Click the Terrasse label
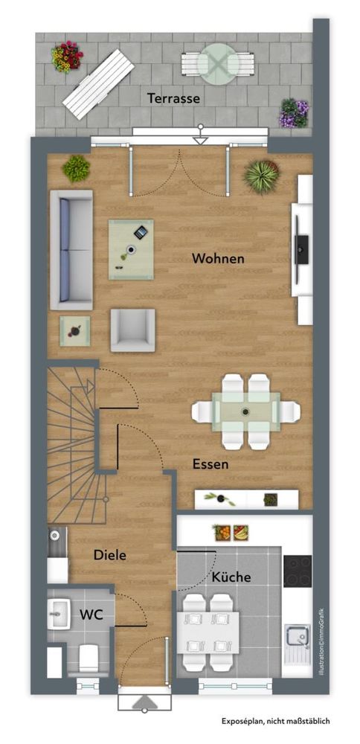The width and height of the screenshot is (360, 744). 173,99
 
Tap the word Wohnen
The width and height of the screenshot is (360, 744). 218,259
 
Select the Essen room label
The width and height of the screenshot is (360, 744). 210,464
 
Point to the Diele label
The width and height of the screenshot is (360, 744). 110,555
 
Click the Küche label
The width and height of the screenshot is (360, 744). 231,577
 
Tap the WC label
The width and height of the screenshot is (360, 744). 91,615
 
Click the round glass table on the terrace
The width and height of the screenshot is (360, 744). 218,63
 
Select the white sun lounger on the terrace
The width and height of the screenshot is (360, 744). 98,85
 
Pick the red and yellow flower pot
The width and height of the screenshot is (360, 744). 67,57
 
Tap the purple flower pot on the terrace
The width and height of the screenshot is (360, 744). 294,113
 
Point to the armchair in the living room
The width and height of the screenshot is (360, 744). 133,330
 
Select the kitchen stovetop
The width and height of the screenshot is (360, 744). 298,571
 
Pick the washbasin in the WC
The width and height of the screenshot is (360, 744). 58,614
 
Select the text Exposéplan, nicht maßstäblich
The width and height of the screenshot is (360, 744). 276,721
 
